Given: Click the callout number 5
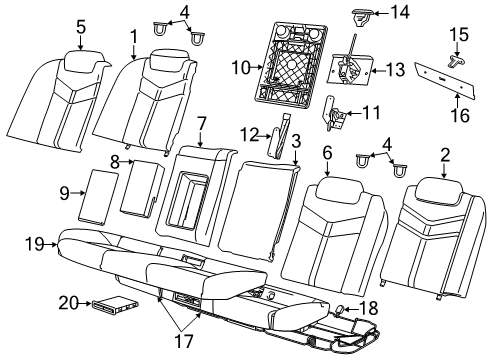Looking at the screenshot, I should click(x=81, y=28).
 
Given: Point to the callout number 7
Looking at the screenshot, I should click(x=201, y=123).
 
